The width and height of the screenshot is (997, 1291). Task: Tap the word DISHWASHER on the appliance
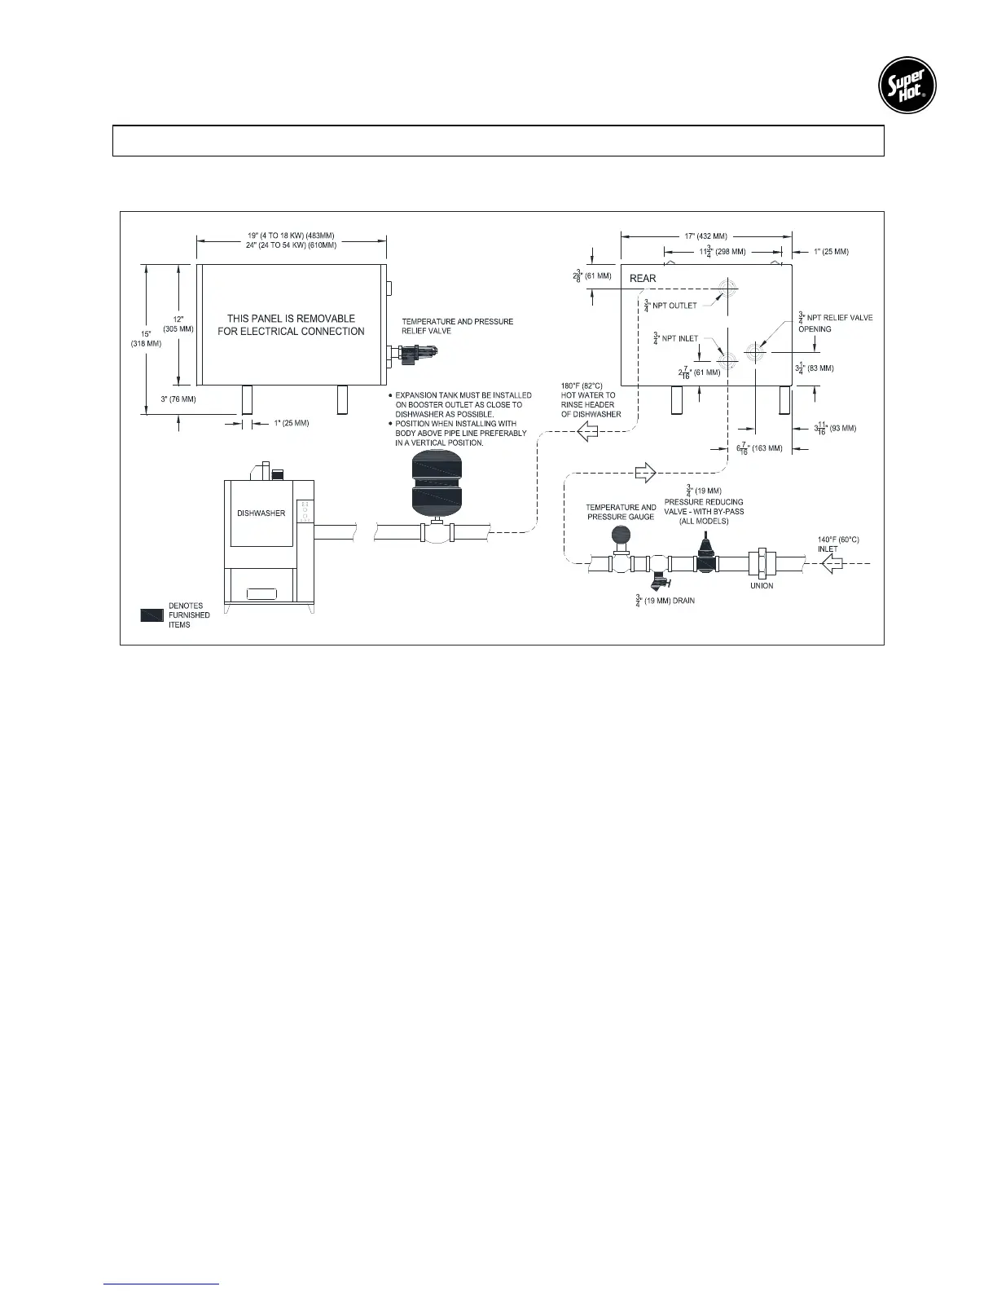pyautogui.click(x=261, y=513)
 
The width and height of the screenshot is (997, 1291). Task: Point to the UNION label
pyautogui.click(x=762, y=585)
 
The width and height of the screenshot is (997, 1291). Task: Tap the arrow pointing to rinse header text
pyautogui.click(x=588, y=434)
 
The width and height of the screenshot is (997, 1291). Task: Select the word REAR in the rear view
pyautogui.click(x=643, y=279)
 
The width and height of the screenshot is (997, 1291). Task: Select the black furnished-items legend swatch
pyautogui.click(x=152, y=616)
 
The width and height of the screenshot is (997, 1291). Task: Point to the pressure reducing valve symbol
pyautogui.click(x=705, y=554)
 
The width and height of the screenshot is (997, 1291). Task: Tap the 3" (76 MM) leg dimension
pyautogui.click(x=179, y=399)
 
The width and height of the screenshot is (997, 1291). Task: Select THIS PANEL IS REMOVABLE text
pyautogui.click(x=291, y=324)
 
